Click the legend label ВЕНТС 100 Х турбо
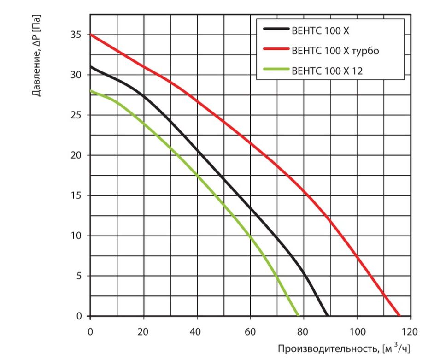335,50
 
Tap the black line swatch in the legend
275,30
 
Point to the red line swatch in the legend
275,50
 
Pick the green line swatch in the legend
275,71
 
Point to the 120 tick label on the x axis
410,331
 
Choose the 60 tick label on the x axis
250,331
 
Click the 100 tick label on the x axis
357,331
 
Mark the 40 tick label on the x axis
197,331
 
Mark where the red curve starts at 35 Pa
91,35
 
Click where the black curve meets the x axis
327,316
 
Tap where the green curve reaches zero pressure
298,316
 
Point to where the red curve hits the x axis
399,316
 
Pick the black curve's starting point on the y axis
91,67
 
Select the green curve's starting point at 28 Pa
91,91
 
